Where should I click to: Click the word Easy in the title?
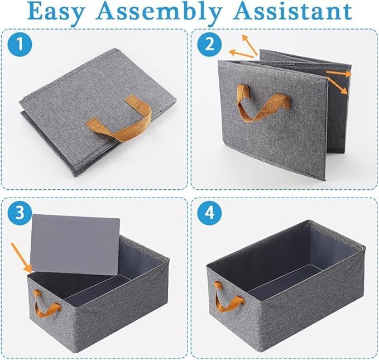(x=56, y=12)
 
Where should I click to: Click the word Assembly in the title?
(x=159, y=13)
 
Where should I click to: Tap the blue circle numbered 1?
(x=20, y=45)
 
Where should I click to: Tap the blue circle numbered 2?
(x=209, y=45)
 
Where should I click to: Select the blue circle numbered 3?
(x=20, y=213)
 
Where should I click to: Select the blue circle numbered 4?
(x=209, y=213)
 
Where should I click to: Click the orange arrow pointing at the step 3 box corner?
(x=22, y=258)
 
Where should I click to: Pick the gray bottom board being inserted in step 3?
(x=75, y=244)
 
